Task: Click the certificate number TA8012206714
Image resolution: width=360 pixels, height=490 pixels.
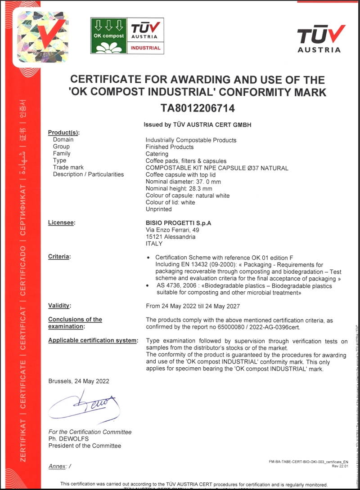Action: coord(198,108)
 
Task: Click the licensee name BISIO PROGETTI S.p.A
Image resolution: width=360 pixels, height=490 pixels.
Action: coord(178,223)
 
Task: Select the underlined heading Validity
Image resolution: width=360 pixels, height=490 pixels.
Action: coord(59,306)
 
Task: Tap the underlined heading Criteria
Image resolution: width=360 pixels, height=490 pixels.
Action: coord(59,256)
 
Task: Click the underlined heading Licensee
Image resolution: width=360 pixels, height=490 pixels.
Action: coord(62,223)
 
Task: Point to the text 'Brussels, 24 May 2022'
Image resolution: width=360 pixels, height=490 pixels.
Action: coord(79,381)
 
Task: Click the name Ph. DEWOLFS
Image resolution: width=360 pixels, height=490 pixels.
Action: coord(68,439)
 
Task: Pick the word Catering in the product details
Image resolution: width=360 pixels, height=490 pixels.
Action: coord(157,154)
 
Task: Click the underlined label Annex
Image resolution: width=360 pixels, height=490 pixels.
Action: coord(57,467)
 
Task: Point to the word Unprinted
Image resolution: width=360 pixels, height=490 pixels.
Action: coord(159,209)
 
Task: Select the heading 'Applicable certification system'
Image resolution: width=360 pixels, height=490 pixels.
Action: coord(93,340)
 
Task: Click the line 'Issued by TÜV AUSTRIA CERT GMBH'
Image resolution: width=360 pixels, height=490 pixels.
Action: coord(197,125)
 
